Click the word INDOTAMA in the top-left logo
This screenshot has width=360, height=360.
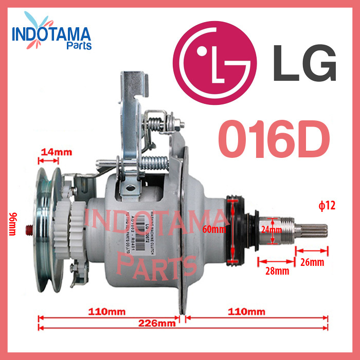(x=51, y=35)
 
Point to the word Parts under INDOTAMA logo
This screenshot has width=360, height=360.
(x=79, y=46)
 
